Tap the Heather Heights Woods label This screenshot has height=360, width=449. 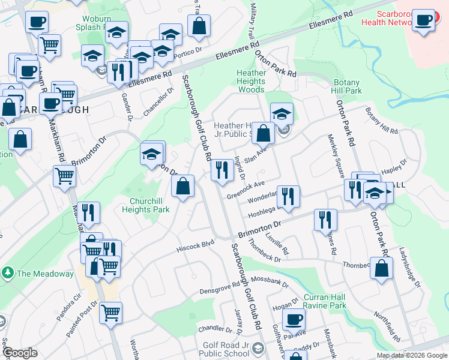pos(251,81)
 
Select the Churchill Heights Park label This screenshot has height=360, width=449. pos(146,205)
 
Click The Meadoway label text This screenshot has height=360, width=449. pos(45,274)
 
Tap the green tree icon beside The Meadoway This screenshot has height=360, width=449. pos(8,274)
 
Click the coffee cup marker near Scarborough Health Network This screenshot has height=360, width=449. pos(424,21)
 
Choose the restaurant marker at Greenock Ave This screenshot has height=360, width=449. pos(222,170)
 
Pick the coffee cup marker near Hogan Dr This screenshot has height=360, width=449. pos(294,320)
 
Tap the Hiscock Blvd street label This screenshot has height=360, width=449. pos(195,245)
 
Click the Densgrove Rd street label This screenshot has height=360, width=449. pos(220,290)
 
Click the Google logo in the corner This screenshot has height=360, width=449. pos(20,353)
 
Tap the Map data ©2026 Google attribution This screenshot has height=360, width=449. pos(412,355)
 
